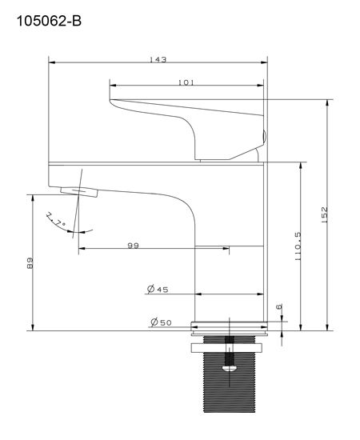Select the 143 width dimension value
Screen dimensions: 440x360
[x=158, y=61]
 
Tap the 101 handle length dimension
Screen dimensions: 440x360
[x=186, y=82]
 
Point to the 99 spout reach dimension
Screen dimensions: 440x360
[x=133, y=246]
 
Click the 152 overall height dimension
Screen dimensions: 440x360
[x=325, y=214]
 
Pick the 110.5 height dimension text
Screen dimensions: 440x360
[x=298, y=246]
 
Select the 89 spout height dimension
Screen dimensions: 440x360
[x=30, y=263]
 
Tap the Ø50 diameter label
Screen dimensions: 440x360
[x=159, y=322]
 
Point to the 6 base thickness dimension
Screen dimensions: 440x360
[x=279, y=307]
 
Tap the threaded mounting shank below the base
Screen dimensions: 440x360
[x=230, y=392]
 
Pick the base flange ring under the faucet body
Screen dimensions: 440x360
[x=230, y=326]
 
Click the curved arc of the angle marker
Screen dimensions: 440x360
[x=80, y=232]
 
